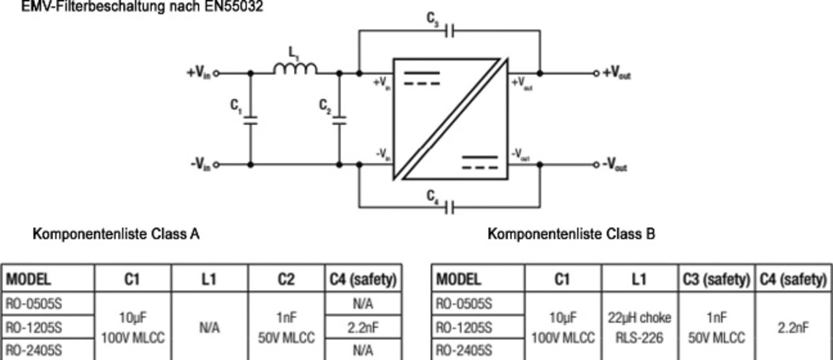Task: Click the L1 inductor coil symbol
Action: point(295,68)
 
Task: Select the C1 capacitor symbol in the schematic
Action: point(250,120)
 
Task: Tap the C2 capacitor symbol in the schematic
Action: point(339,120)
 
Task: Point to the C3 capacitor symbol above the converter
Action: point(449,30)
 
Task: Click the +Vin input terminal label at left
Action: point(198,74)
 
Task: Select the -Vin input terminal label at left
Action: point(200,165)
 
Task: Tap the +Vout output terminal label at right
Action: point(616,74)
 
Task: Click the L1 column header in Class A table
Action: point(210,279)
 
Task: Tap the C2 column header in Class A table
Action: point(286,279)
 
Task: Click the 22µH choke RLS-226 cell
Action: point(639,327)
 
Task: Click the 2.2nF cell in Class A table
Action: point(363,327)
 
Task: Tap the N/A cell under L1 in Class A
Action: point(210,327)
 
